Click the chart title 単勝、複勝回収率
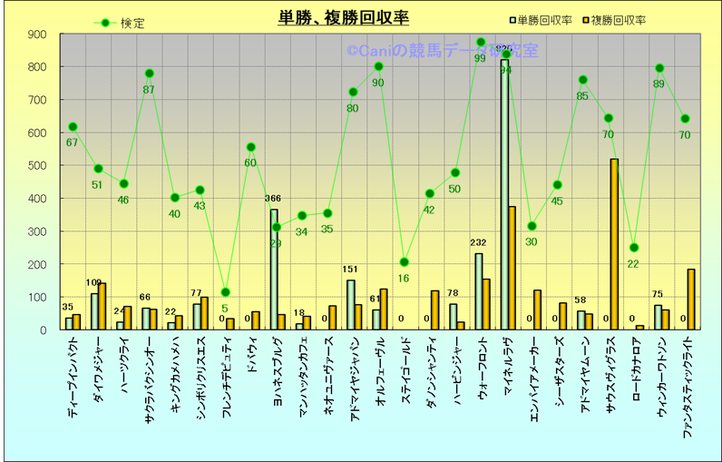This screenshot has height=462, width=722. [x=344, y=19]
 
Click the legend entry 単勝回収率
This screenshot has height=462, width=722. [x=544, y=19]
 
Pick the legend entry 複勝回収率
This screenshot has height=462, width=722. [x=618, y=19]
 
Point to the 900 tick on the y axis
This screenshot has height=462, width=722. [x=37, y=34]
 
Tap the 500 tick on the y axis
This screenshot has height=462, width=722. [x=37, y=166]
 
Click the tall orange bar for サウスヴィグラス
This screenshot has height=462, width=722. [x=615, y=244]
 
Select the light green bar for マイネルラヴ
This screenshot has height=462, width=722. [x=504, y=195]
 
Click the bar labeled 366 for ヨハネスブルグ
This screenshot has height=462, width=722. [x=273, y=270]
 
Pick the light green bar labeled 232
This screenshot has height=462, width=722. [x=479, y=291]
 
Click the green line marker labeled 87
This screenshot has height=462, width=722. [x=150, y=74]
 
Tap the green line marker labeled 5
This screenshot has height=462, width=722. [x=226, y=292]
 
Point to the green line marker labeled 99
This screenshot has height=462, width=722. [x=481, y=43]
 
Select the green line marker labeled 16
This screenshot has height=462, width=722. [x=405, y=262]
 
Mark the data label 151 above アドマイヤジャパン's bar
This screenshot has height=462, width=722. [x=351, y=270]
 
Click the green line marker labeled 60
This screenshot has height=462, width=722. [x=251, y=147]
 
